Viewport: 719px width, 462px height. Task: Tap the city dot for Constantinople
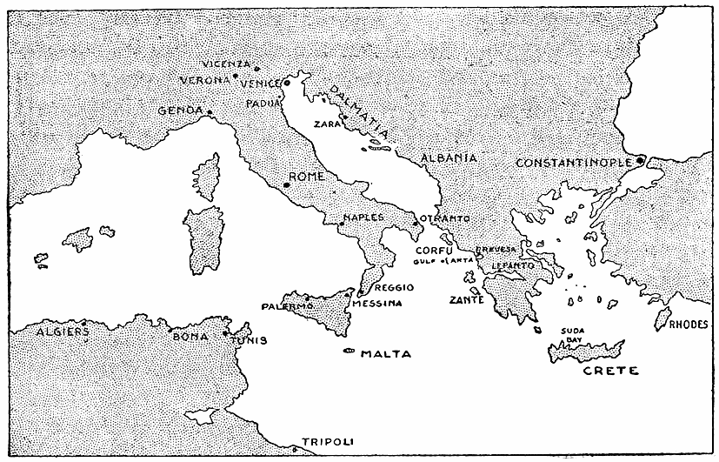[639, 160]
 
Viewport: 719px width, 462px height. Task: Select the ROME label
[306, 177]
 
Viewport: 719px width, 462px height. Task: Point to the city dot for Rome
[286, 184]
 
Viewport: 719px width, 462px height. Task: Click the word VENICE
[259, 83]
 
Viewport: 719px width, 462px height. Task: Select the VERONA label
[204, 79]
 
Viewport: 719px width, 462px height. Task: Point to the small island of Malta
[350, 352]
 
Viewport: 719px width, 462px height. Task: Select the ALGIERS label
[60, 331]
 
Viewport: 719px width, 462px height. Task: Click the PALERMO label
[287, 306]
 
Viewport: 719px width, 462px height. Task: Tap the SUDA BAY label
[572, 335]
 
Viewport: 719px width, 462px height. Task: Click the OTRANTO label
[445, 218]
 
